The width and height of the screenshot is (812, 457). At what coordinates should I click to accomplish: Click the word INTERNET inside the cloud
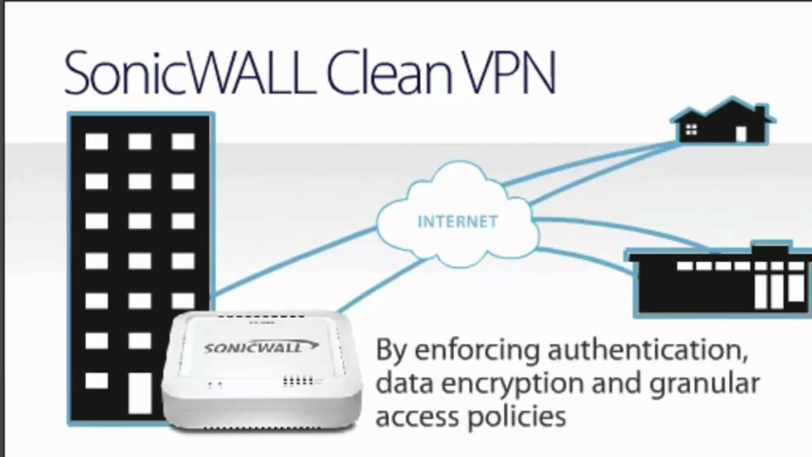point(457,222)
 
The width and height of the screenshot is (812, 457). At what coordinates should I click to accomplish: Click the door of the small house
point(740,133)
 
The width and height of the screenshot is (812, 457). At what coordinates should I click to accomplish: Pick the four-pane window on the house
point(691,129)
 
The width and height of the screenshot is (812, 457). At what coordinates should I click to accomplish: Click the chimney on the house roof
point(759,112)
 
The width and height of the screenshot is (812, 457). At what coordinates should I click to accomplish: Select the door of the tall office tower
point(140,393)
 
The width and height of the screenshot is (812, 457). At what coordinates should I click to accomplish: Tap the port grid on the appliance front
point(298,381)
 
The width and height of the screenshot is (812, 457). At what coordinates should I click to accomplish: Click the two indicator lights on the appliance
point(215,385)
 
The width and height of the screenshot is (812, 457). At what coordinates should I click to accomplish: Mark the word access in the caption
point(417,417)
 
